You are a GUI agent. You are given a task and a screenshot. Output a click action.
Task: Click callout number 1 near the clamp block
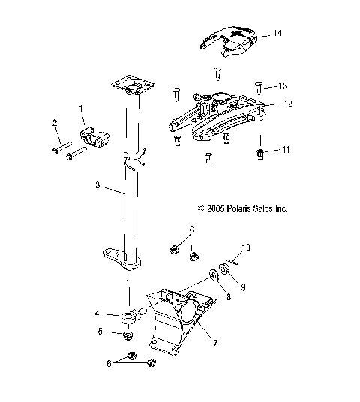click(82, 109)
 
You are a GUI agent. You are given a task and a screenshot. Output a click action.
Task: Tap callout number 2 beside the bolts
click(55, 122)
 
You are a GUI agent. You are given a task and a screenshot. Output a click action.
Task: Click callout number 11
click(285, 151)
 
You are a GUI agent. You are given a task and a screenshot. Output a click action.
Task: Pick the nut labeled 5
click(127, 334)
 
